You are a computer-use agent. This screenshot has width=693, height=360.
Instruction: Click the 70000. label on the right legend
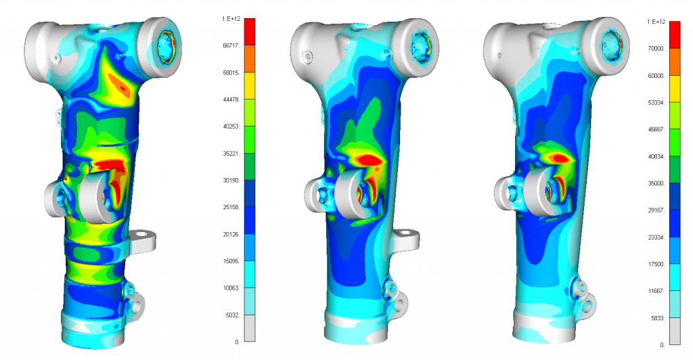[656, 49]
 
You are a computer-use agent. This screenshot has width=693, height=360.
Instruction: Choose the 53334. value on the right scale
[656, 103]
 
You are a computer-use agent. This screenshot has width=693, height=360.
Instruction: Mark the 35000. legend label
[656, 183]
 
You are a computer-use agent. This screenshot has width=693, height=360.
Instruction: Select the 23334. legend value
[656, 238]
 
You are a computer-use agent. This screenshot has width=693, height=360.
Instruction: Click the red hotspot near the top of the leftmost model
[123, 84]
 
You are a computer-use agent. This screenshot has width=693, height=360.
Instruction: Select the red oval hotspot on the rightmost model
[559, 157]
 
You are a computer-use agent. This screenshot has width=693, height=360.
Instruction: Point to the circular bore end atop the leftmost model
[166, 46]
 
